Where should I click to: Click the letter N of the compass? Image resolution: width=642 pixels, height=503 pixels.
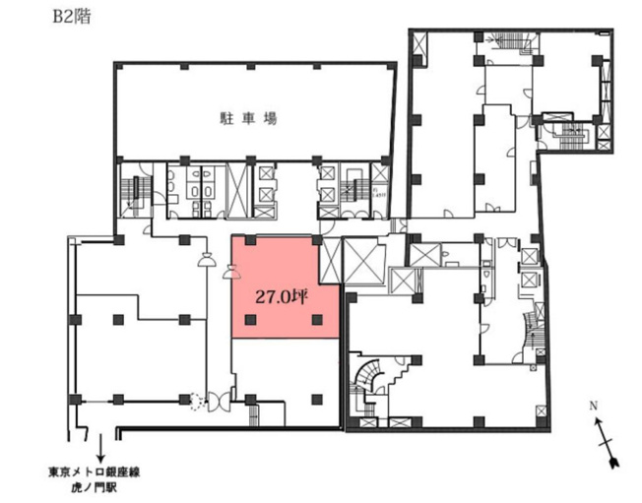(593, 405)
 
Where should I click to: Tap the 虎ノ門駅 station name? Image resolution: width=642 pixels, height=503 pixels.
(95, 488)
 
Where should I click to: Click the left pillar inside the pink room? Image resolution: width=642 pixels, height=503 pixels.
(250, 319)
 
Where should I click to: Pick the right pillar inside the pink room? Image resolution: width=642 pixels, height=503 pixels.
(316, 319)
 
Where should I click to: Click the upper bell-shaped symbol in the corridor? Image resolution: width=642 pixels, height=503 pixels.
(208, 262)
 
